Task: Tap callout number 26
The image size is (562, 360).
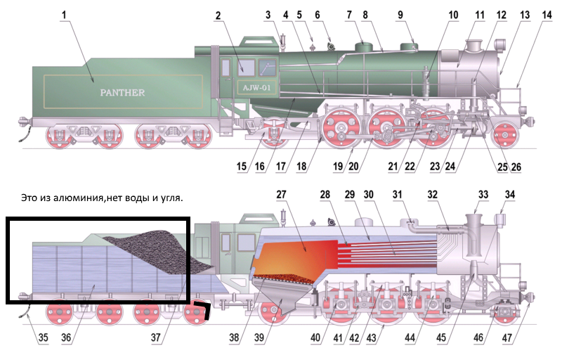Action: tap(517, 167)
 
